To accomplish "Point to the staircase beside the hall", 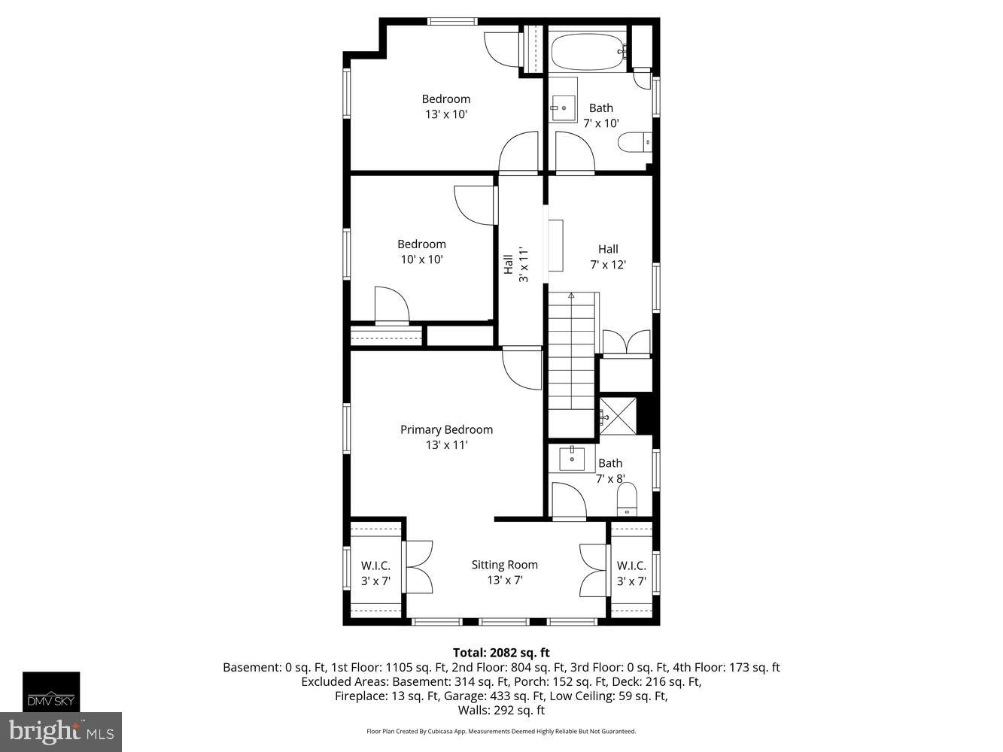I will (572, 361).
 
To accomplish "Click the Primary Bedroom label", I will (446, 429).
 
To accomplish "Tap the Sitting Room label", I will (504, 565).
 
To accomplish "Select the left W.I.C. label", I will (375, 566).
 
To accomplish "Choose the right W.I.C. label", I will (631, 566).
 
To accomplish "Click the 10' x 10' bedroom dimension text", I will (421, 259).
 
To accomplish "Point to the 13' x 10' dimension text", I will (446, 114).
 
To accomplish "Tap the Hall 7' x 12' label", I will (608, 256).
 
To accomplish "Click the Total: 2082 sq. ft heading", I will (501, 653).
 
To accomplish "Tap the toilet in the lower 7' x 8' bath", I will (626, 498).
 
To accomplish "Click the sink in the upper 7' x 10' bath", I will (563, 108).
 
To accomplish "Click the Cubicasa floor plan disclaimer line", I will (501, 731).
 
